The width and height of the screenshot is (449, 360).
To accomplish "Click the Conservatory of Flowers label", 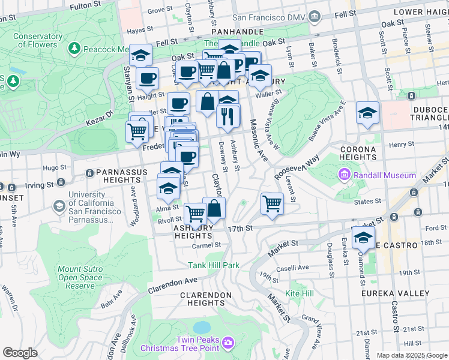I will [38, 40].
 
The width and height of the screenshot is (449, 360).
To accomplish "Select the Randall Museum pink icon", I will [345, 175].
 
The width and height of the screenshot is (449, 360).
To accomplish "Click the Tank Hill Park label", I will [214, 265].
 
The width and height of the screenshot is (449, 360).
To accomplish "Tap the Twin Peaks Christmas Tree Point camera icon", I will [228, 343].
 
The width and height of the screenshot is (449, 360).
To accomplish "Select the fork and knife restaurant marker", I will [228, 115].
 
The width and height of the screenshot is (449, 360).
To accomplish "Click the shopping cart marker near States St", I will [273, 203].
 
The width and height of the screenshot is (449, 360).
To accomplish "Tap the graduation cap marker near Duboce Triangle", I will [367, 112].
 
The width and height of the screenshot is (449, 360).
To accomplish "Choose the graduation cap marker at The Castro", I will [363, 238].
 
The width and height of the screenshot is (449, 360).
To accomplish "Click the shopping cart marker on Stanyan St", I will [137, 130].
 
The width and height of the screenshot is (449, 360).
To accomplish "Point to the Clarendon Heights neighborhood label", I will [206, 299].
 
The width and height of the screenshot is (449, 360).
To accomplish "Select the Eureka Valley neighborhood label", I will [395, 293].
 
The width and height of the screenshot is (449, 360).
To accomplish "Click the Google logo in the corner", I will [20, 352].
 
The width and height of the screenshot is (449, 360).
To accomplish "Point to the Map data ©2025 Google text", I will [412, 355].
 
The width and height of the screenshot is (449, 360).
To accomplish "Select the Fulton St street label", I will [84, 7].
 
